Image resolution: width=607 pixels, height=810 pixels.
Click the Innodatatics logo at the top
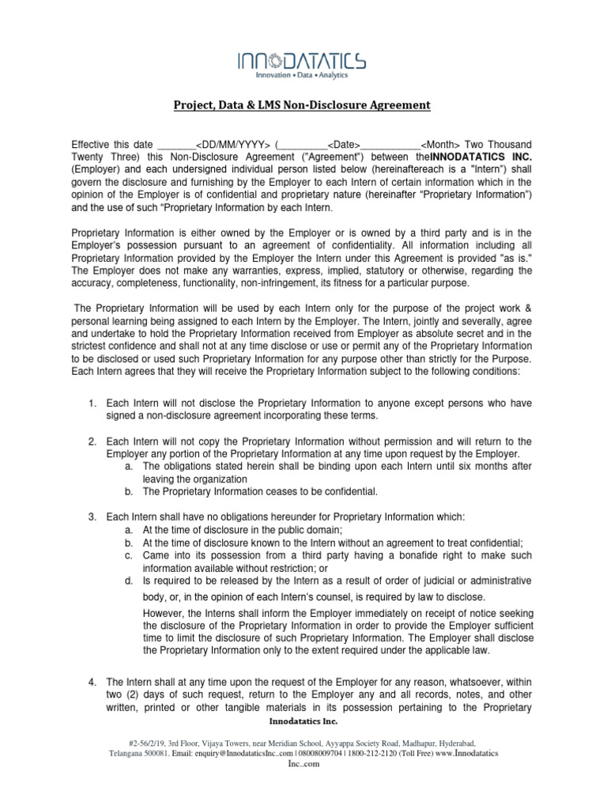[x=303, y=60]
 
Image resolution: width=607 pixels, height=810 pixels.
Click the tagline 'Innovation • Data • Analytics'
[x=303, y=76]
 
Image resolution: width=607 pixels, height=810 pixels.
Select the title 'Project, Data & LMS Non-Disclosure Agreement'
[x=303, y=104]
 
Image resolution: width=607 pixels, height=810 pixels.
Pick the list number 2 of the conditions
[x=92, y=441]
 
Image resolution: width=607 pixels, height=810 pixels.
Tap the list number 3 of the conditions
[x=92, y=517]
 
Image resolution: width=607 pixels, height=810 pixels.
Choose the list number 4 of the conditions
[x=92, y=682]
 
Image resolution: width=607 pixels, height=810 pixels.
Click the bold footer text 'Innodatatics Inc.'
[x=303, y=721]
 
